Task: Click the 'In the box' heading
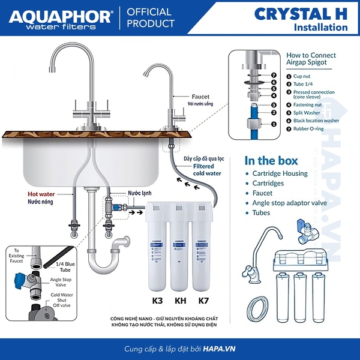[272, 160]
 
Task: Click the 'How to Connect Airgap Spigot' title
[311, 59]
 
